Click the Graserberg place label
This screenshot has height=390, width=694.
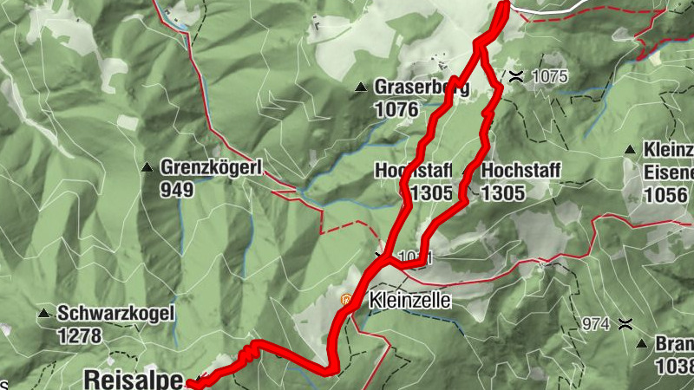pyautogui.click(x=422, y=88)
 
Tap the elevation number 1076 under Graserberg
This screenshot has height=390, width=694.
pyautogui.click(x=396, y=109)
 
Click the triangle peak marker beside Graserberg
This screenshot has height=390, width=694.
pyautogui.click(x=361, y=87)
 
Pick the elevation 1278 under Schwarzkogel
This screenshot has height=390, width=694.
pyautogui.click(x=80, y=334)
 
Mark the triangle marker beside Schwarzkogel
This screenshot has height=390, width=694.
pyautogui.click(x=43, y=313)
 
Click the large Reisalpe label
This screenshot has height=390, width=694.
pyautogui.click(x=134, y=379)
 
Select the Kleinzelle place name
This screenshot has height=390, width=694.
pyautogui.click(x=409, y=302)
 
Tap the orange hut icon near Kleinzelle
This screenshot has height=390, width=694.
pyautogui.click(x=347, y=301)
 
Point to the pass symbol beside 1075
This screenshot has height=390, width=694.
pyautogui.click(x=516, y=75)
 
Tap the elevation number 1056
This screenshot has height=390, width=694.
pyautogui.click(x=667, y=193)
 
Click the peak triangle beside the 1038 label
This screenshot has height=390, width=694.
pyautogui.click(x=641, y=343)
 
